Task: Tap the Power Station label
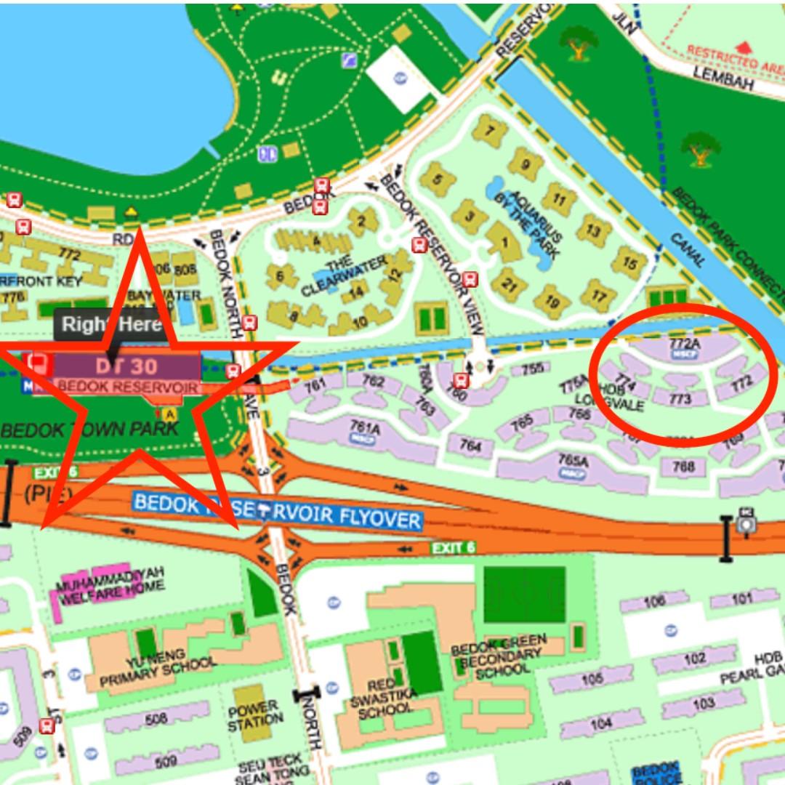253,716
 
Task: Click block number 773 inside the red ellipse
680,399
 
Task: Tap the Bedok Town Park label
89,428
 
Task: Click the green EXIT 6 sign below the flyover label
453,547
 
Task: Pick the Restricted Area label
734,58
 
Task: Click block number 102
695,659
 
